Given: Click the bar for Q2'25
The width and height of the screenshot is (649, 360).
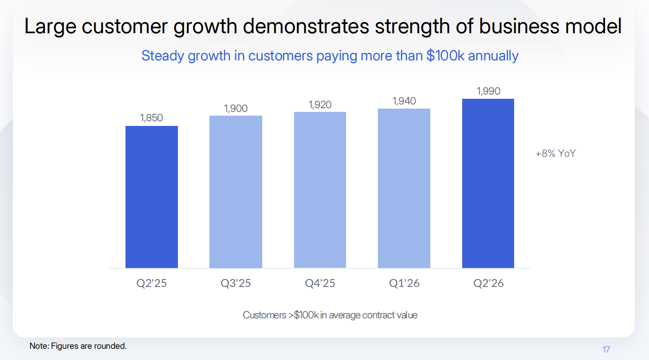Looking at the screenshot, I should [151, 197].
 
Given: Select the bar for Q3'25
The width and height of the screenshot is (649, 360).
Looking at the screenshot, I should [236, 191].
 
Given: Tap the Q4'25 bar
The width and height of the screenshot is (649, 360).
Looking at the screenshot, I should [320, 190].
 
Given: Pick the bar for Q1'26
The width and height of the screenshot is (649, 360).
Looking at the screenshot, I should [404, 188].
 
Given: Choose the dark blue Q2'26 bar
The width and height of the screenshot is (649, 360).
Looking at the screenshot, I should [488, 183].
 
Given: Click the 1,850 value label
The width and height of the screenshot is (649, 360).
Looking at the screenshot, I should [151, 118].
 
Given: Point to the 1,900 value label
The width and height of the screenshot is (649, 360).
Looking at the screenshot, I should [236, 109].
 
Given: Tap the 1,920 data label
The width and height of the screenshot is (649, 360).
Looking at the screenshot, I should [320, 105].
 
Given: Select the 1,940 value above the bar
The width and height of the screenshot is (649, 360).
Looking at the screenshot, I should [404, 101].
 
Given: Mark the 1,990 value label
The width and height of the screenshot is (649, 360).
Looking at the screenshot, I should [488, 91].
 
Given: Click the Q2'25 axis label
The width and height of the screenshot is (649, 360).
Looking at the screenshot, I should [151, 284].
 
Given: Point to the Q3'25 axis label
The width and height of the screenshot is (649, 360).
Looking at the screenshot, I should [236, 284].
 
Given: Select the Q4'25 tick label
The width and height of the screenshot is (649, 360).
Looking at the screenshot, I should [320, 284].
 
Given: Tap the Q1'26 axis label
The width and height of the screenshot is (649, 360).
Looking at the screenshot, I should [404, 284].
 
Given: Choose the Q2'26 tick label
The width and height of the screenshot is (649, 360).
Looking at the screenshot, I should [488, 284].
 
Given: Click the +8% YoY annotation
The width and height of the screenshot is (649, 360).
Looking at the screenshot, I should [555, 154].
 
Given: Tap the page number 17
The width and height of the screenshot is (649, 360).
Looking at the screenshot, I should [606, 350].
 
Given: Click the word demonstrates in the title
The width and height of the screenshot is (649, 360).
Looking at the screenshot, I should [306, 26].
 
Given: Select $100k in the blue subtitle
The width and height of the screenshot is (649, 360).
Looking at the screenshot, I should [445, 56].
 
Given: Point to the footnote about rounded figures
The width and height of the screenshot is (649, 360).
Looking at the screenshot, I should [78, 346].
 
